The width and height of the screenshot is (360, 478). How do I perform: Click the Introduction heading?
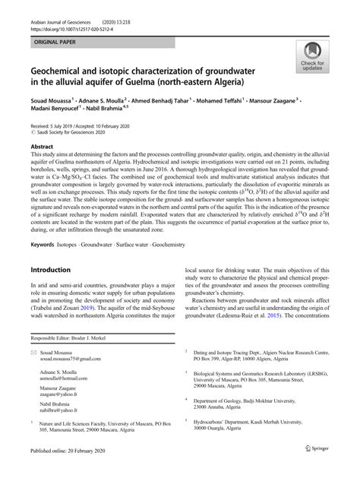point(55,270)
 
